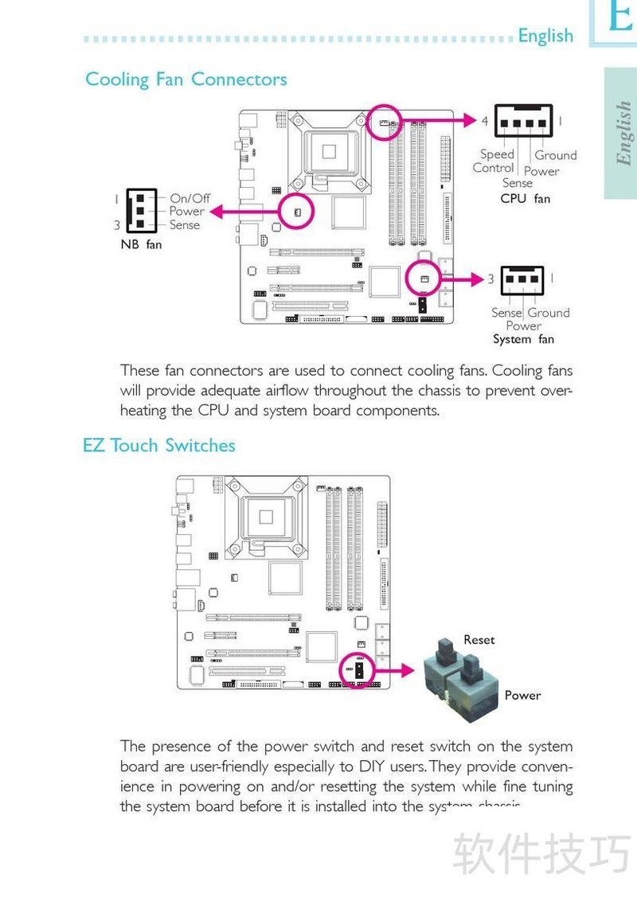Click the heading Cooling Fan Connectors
186,80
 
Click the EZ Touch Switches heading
159,445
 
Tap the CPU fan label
525,198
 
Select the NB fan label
141,244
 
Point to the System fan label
523,339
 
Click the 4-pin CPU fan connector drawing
523,122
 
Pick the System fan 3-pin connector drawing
522,279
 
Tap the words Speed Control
494,161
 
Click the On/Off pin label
190,198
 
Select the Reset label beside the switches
479,640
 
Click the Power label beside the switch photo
522,695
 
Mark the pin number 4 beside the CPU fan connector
484,121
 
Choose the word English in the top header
545,36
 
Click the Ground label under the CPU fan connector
556,155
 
